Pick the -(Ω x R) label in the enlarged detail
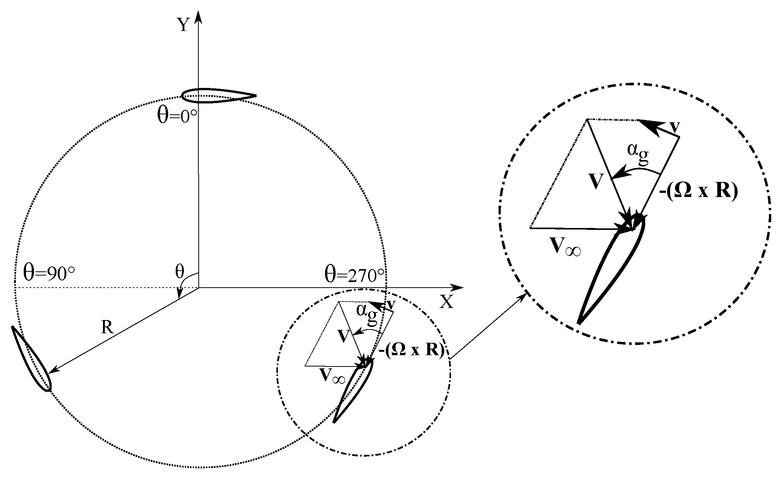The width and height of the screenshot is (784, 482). (x=698, y=192)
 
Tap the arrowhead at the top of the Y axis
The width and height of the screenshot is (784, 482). (x=199, y=17)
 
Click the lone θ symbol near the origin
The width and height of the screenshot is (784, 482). (x=180, y=271)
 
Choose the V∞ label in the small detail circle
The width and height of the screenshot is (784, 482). (x=332, y=376)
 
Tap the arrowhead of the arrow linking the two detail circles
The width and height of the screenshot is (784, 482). (x=523, y=296)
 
